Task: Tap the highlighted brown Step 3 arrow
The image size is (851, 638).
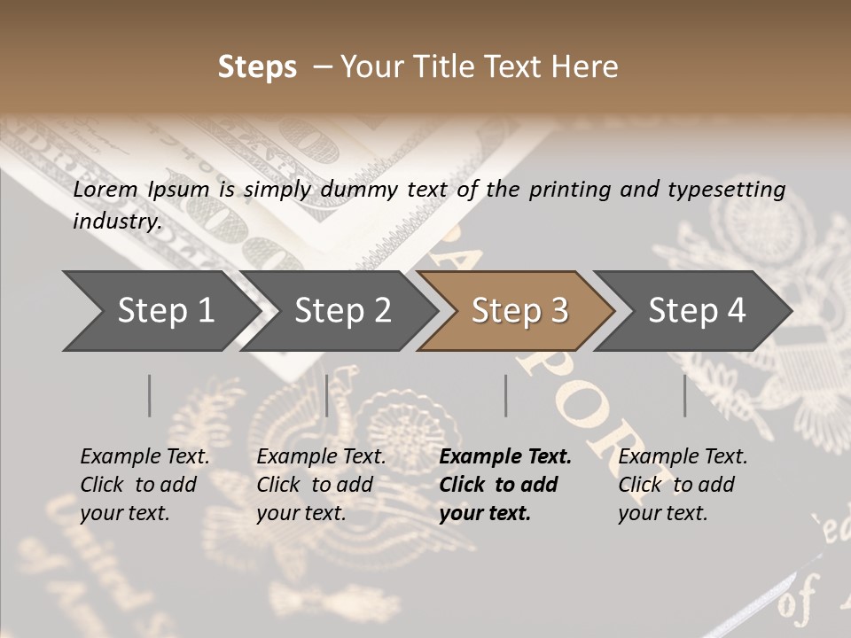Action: click(x=519, y=311)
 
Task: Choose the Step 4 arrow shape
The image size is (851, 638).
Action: click(x=697, y=311)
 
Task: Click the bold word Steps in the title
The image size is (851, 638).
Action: click(x=257, y=67)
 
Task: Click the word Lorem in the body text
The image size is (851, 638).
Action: click(x=105, y=190)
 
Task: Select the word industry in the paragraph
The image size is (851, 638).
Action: click(x=116, y=221)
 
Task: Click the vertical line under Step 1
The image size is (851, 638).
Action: click(x=150, y=395)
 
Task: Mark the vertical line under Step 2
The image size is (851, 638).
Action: click(x=327, y=395)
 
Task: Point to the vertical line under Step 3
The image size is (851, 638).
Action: click(x=505, y=395)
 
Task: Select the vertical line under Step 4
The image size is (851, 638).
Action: click(x=684, y=395)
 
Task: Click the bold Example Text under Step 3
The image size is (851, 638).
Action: click(x=505, y=457)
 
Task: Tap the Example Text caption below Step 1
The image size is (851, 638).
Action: click(x=144, y=457)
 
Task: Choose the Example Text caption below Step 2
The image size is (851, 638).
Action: click(x=321, y=457)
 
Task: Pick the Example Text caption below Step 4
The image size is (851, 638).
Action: click(x=683, y=457)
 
